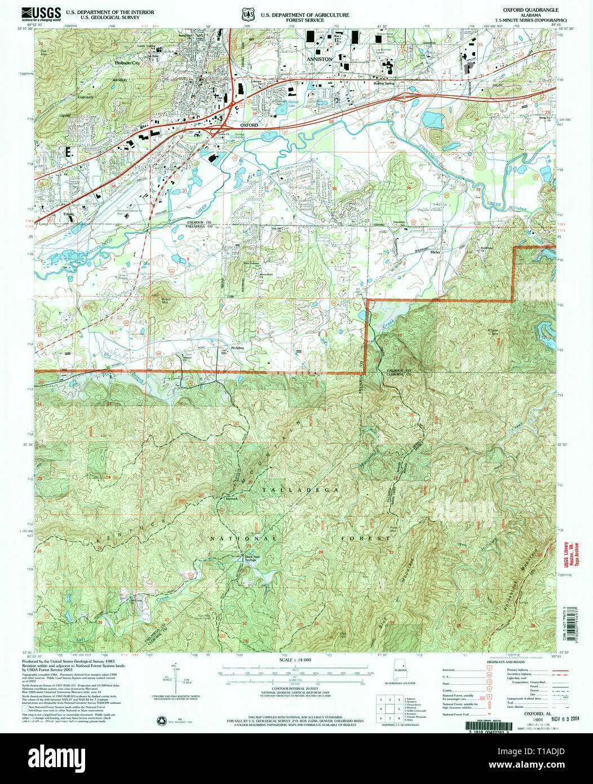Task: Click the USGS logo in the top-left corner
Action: [x=42, y=13]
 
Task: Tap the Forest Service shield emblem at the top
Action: [x=246, y=13]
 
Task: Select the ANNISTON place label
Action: [x=319, y=58]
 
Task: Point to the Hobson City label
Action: [x=127, y=64]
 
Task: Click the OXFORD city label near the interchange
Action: [x=249, y=125]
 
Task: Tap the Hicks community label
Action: [x=435, y=252]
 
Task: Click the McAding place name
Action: [x=237, y=348]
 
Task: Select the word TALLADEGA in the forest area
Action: [x=300, y=491]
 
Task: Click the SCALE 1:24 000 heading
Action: [x=296, y=660]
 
